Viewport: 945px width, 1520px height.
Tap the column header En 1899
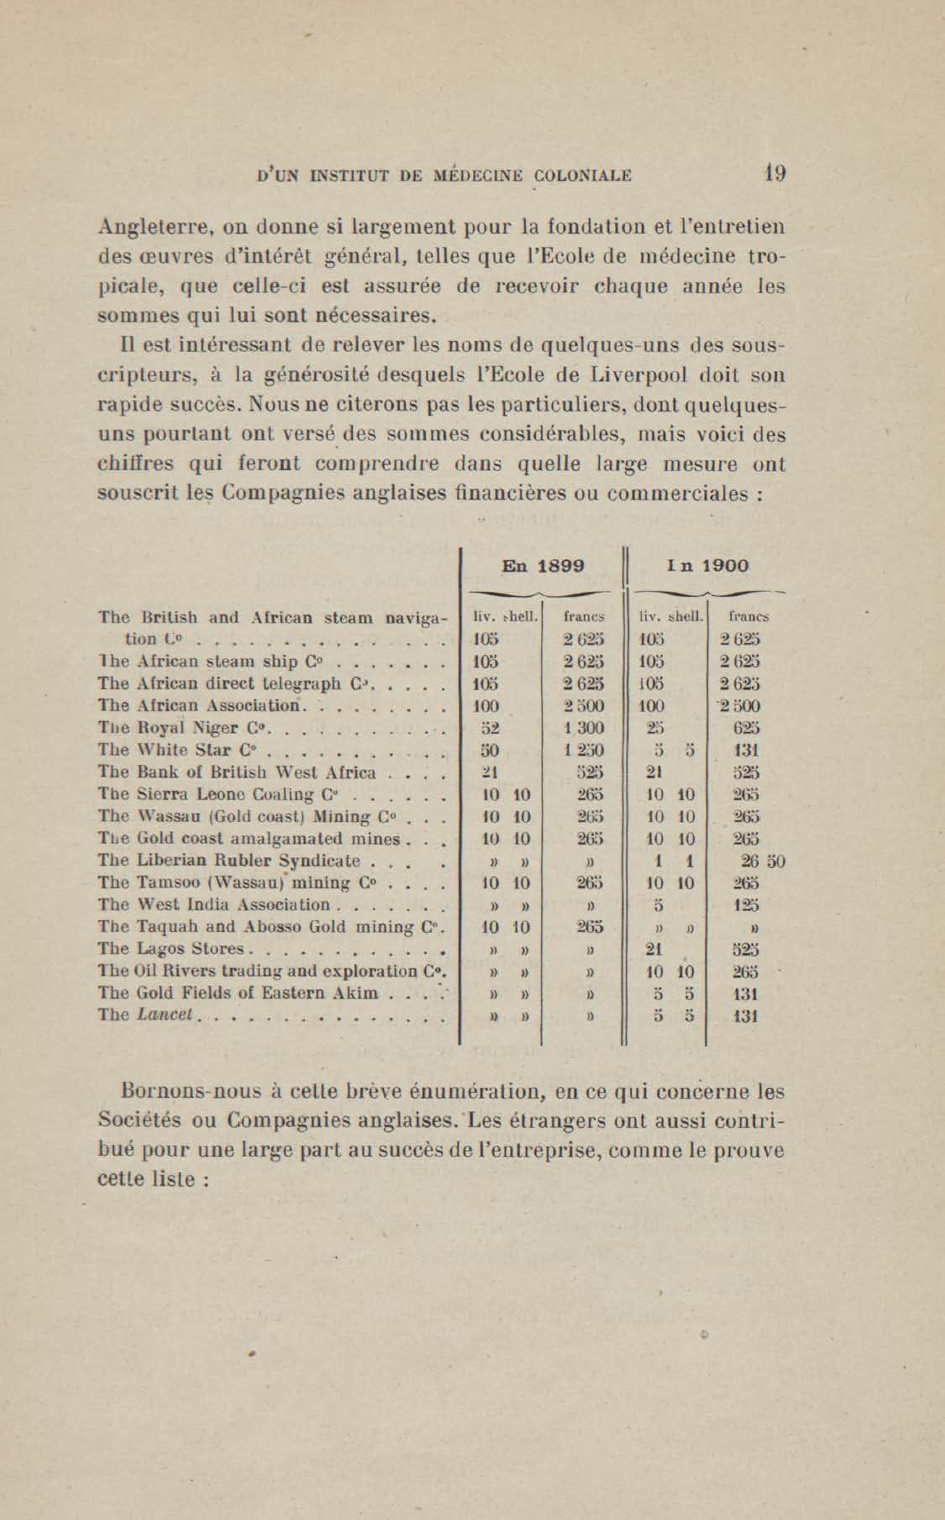click(543, 567)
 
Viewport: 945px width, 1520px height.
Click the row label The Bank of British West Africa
click(238, 772)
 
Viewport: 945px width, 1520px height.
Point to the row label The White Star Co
click(175, 750)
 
